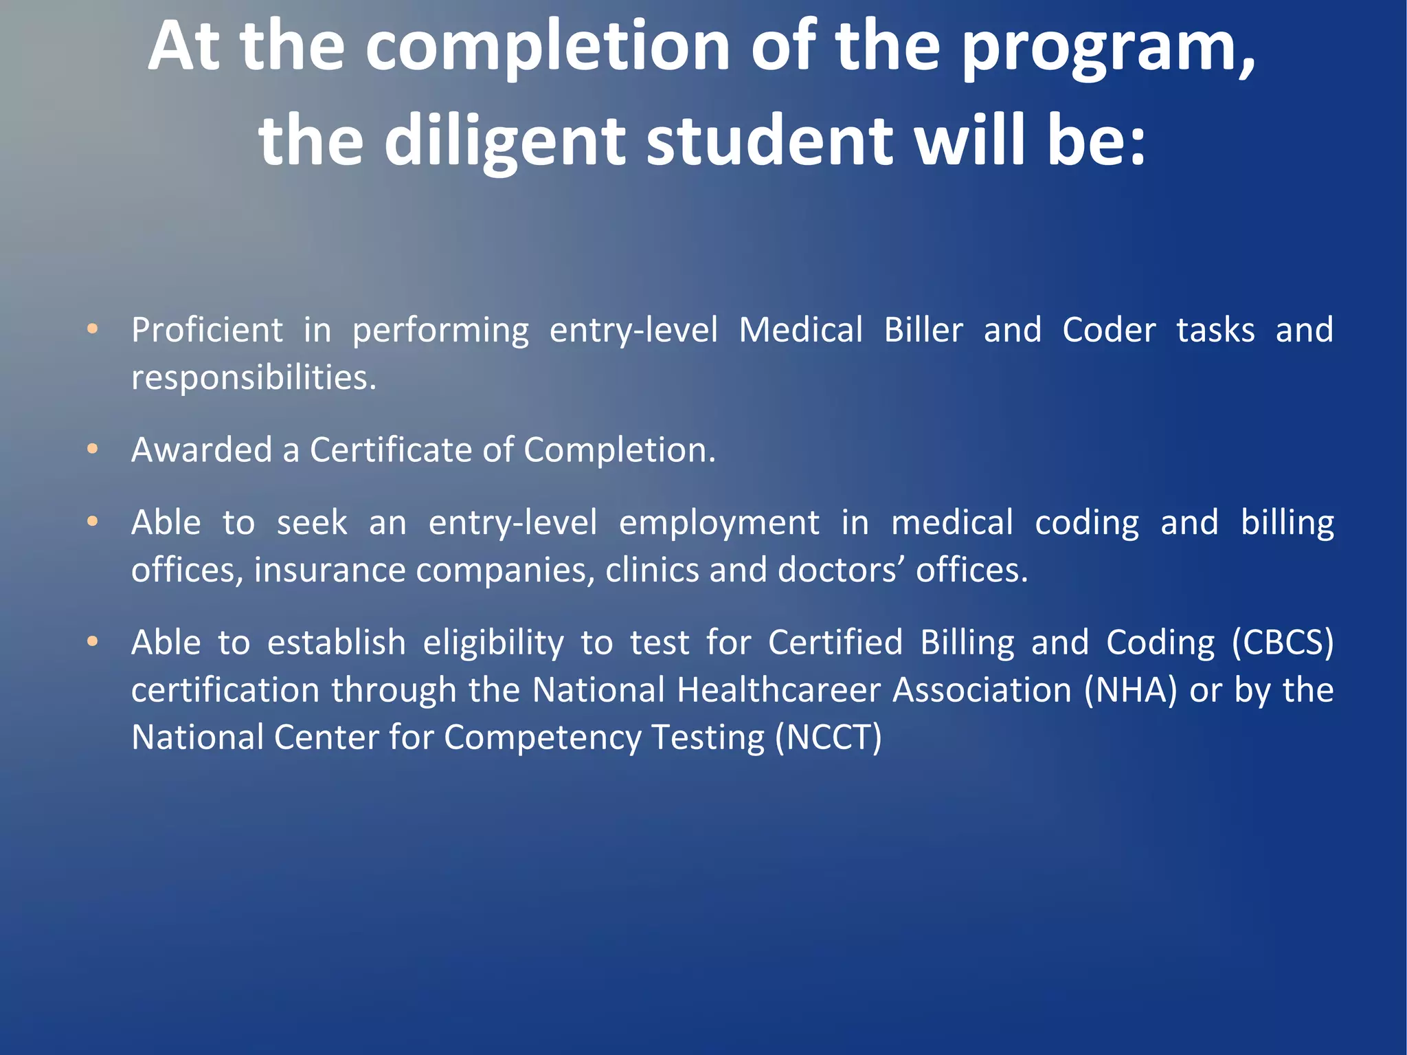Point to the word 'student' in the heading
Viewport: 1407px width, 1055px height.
769,141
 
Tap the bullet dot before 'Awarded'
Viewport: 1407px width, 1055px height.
93,449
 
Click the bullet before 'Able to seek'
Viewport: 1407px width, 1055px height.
93,522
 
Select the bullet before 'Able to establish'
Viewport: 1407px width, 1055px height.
93,642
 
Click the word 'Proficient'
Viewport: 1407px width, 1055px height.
207,330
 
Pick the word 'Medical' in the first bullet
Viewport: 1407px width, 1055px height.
800,330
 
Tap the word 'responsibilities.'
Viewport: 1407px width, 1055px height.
254,377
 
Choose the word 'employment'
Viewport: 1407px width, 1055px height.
719,523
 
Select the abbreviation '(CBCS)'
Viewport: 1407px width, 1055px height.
1282,643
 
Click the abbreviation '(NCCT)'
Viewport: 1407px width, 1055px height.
828,737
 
